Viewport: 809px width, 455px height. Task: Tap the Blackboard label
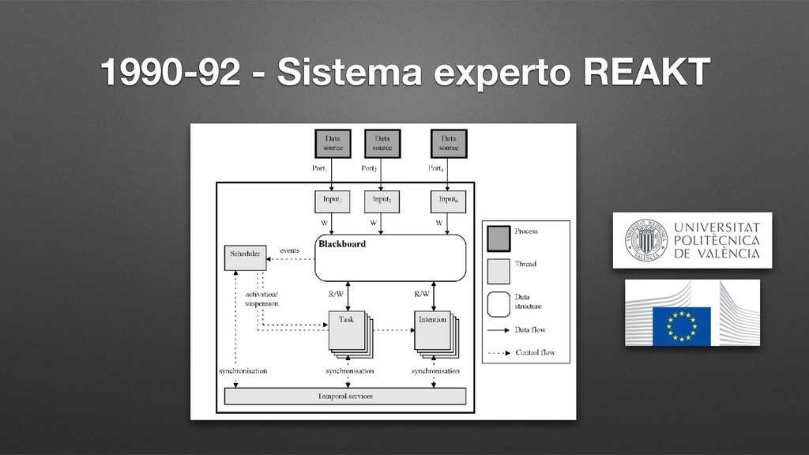[342, 244]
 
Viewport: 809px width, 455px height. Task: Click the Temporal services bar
[345, 395]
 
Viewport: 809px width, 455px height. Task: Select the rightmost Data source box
[449, 143]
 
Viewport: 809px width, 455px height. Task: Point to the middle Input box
[382, 201]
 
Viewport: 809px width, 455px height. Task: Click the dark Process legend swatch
[499, 235]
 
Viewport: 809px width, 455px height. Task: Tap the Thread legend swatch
[499, 270]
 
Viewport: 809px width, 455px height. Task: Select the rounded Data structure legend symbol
[499, 303]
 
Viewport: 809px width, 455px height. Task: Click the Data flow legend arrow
[499, 330]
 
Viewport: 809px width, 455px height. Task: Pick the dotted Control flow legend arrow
[499, 352]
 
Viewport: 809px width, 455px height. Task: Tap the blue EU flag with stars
[681, 325]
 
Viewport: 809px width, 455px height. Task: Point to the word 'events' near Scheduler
[290, 250]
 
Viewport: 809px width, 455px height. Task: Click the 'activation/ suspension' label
[261, 298]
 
